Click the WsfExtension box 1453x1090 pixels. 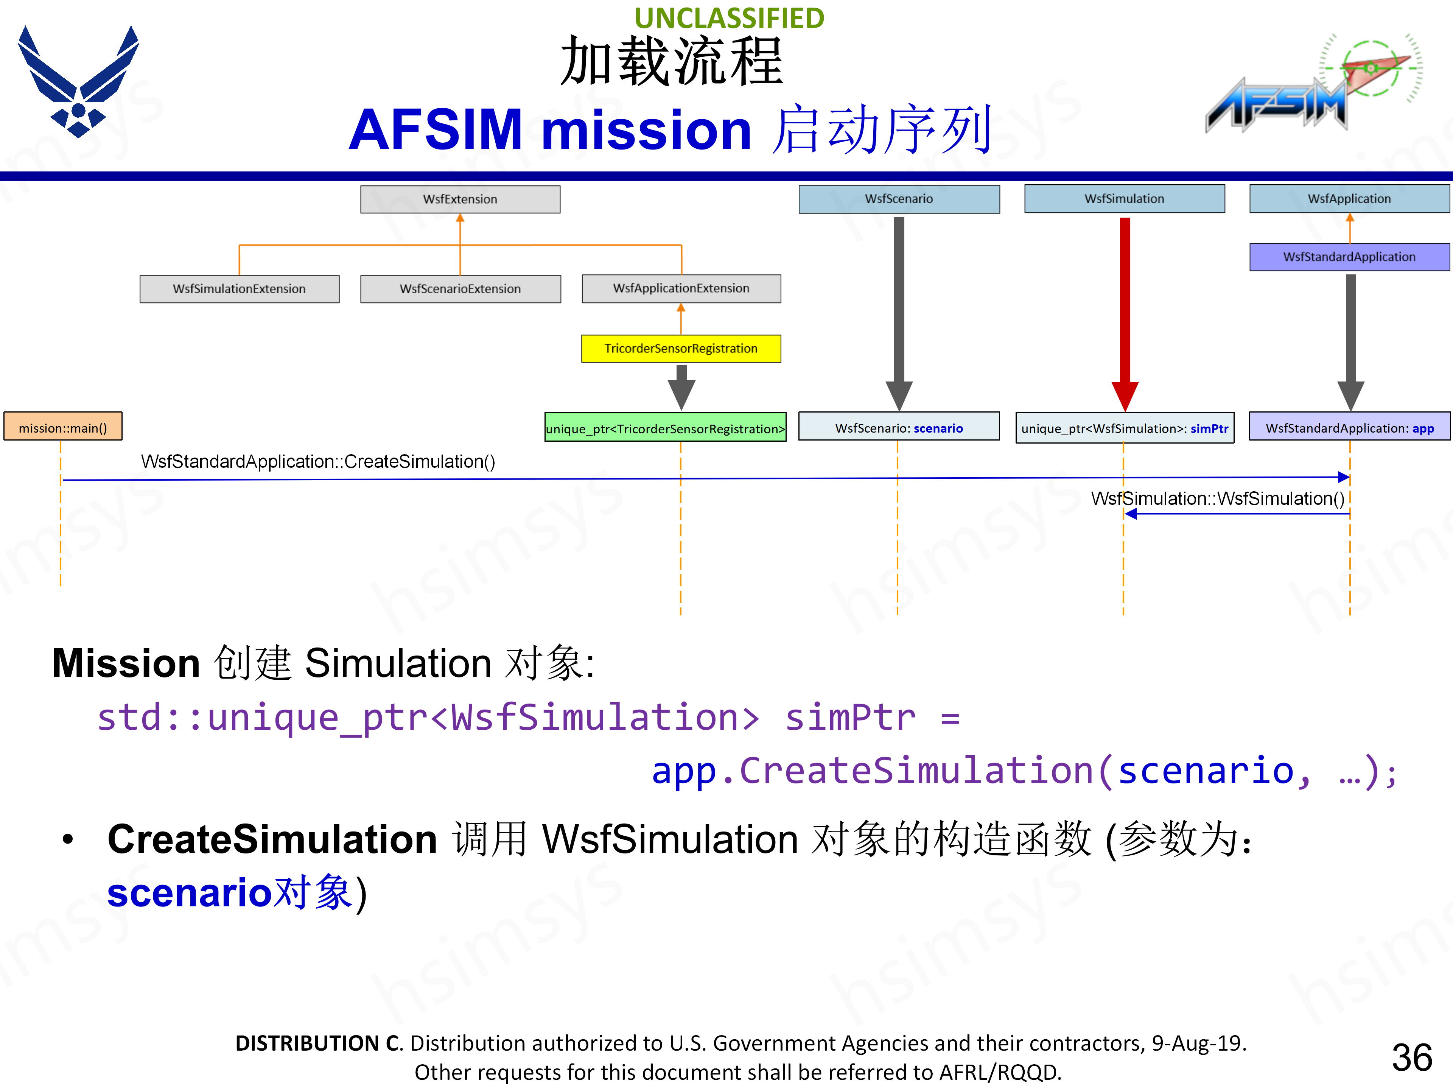tap(460, 199)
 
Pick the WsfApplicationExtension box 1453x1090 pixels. tap(681, 288)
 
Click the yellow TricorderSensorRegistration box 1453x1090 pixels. tap(681, 348)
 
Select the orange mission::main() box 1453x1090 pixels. tap(63, 428)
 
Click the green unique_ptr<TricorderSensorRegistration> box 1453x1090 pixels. tap(666, 428)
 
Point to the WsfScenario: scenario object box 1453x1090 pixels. tap(899, 428)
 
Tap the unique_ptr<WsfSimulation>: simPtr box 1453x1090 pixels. tap(1125, 428)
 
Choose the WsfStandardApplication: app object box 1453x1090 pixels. tap(1349, 428)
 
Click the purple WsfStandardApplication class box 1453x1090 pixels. tap(1349, 257)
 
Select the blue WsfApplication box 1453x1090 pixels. tap(1349, 198)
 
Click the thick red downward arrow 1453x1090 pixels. tap(1125, 309)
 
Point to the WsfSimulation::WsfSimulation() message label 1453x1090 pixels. tap(1217, 499)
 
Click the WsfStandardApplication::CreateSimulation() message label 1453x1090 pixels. tap(318, 462)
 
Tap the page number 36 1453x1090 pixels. tap(1412, 1057)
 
